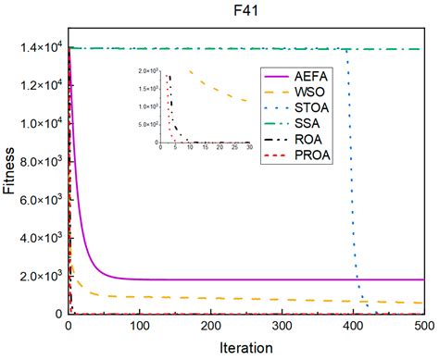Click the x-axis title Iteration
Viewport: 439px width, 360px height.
tap(245, 348)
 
